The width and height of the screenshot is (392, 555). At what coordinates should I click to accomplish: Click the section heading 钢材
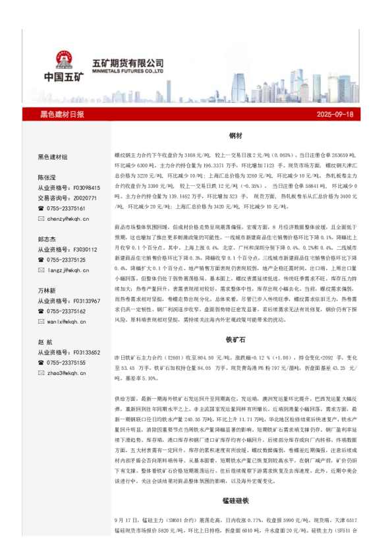pyautogui.click(x=235, y=135)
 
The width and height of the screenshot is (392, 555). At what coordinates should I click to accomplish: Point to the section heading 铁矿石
pyautogui.click(x=235, y=339)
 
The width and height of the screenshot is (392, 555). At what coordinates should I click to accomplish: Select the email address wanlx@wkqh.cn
pyautogui.click(x=67, y=322)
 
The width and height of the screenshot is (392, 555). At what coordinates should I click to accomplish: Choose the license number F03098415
pyautogui.click(x=82, y=188)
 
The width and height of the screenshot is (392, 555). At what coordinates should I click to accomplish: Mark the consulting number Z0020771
pyautogui.click(x=82, y=198)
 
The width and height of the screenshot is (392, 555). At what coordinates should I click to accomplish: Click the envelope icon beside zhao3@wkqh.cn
pyautogui.click(x=41, y=373)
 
